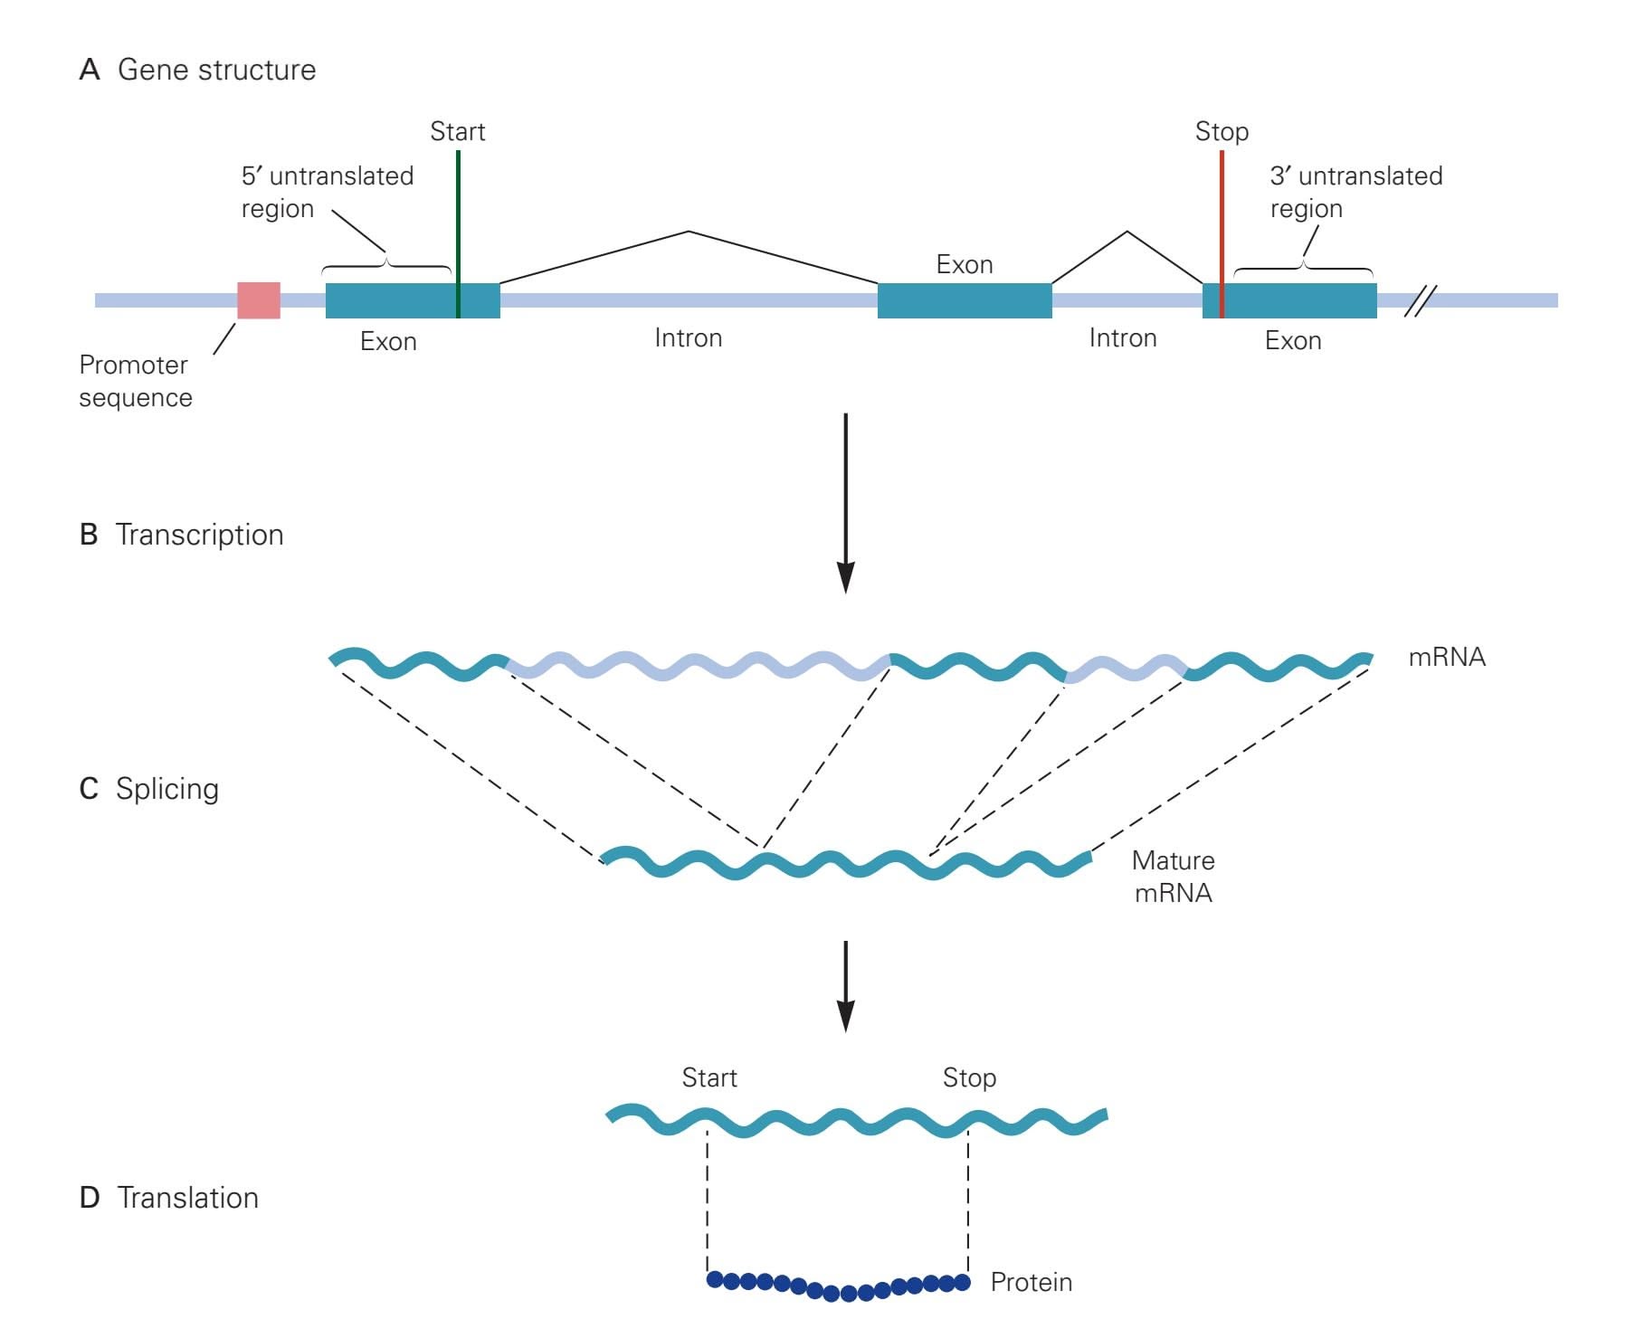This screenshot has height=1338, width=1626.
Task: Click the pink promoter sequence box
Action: [259, 300]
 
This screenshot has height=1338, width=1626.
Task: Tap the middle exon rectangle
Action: [965, 300]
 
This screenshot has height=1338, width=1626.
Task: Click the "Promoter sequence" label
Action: [135, 381]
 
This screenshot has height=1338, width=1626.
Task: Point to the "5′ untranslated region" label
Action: [327, 192]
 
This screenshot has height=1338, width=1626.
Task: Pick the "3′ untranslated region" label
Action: [1355, 192]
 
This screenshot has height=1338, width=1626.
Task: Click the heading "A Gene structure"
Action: [197, 70]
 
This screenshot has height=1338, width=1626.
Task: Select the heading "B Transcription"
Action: [181, 535]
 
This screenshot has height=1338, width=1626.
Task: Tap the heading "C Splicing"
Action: [149, 789]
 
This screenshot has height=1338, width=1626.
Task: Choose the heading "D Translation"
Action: [169, 1198]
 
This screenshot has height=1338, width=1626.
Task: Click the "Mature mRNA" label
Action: [1173, 877]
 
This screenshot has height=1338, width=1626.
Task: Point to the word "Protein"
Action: [1031, 1282]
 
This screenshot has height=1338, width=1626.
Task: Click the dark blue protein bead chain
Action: [839, 1287]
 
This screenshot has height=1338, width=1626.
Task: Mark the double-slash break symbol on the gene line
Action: [1420, 300]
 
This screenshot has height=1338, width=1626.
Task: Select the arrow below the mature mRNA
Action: [845, 986]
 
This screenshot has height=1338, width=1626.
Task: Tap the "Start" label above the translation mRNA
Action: [709, 1077]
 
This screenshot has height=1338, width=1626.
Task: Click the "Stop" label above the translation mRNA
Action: [969, 1077]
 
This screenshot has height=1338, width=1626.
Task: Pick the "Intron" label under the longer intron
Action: [688, 338]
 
